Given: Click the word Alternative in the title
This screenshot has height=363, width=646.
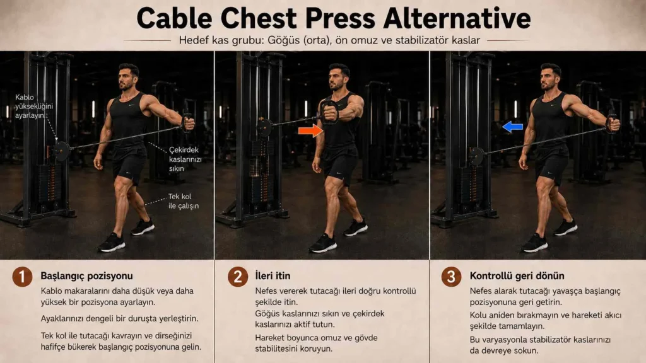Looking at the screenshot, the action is point(457,18).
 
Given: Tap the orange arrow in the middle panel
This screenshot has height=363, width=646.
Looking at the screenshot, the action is point(310,130).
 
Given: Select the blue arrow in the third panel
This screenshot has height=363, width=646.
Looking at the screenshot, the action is point(512,127).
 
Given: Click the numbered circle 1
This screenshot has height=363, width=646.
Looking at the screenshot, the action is point(22,276).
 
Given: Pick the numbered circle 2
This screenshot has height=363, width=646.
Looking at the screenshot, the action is point(238,276).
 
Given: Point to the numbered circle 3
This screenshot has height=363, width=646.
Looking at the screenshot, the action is point(452,276).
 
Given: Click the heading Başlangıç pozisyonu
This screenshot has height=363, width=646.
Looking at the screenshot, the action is point(86,276).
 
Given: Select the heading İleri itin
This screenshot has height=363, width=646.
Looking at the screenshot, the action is point(273,275).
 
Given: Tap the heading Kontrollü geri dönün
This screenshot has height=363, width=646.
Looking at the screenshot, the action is point(517,275).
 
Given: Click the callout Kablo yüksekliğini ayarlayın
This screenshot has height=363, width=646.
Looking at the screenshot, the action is point(34,106).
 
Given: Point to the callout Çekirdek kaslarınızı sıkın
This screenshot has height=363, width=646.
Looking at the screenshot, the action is point(185,159).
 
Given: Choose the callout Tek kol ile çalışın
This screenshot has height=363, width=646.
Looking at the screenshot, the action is point(184,201).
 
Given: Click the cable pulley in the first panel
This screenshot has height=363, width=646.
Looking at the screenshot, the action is point(61,151).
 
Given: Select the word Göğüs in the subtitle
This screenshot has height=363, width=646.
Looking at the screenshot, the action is point(284,40).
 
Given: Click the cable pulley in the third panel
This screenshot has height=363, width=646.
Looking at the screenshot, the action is point(476,156).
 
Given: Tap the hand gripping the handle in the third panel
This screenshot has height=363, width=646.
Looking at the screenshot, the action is point(613,124).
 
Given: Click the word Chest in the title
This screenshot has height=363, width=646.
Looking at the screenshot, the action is point(259,18).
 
